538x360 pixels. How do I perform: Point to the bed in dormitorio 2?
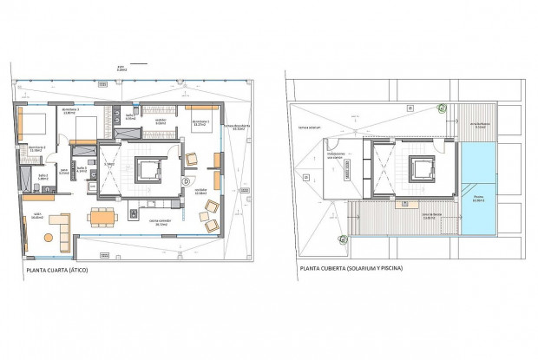tap(84, 128)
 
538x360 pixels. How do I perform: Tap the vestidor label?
tap(160, 122)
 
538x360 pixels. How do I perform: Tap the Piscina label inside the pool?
tap(478, 198)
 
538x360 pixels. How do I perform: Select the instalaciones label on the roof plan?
tap(338, 155)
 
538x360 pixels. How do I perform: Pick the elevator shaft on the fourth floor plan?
tap(145, 167)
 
